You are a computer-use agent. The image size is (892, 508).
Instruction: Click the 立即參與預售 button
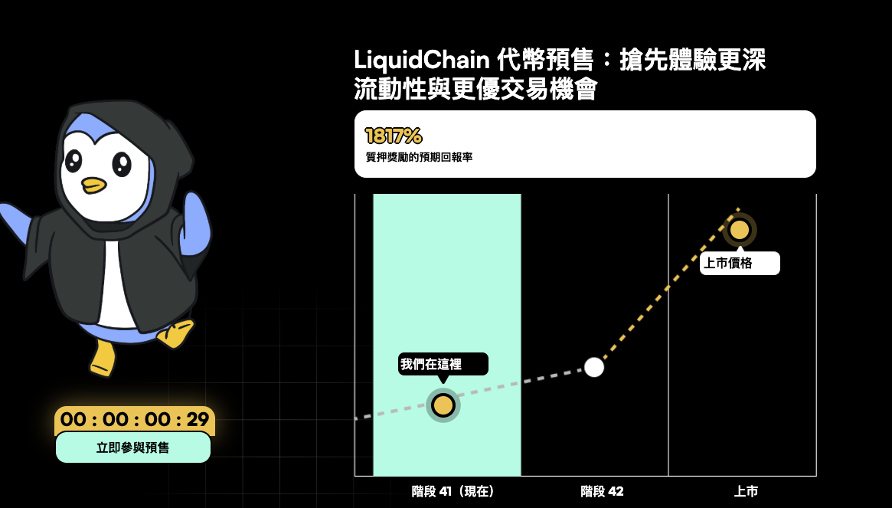(x=133, y=447)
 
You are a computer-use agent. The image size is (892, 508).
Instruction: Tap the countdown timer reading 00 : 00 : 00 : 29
(x=135, y=420)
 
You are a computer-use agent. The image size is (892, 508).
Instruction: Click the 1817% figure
(x=394, y=136)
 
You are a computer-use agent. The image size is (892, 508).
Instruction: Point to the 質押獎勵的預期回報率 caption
(x=419, y=157)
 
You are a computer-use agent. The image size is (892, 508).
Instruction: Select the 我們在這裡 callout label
(x=443, y=364)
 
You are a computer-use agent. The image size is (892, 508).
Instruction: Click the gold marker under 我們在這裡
(x=443, y=405)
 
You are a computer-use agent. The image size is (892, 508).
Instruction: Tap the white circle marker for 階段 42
(x=594, y=367)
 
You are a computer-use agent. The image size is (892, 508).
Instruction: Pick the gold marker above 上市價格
(x=740, y=230)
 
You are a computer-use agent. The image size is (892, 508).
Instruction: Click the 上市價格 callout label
(x=740, y=264)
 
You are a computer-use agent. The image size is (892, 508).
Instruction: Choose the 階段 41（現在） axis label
(x=453, y=491)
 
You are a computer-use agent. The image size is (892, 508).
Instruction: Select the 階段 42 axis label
(x=602, y=491)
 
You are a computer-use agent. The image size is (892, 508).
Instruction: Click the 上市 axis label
(x=746, y=491)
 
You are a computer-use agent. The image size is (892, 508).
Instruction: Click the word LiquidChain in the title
(x=421, y=60)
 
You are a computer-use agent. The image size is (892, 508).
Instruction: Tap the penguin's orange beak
(x=94, y=185)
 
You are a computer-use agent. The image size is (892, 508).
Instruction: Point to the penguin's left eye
(x=74, y=160)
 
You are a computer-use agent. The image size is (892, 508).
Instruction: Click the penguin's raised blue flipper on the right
(x=196, y=222)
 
